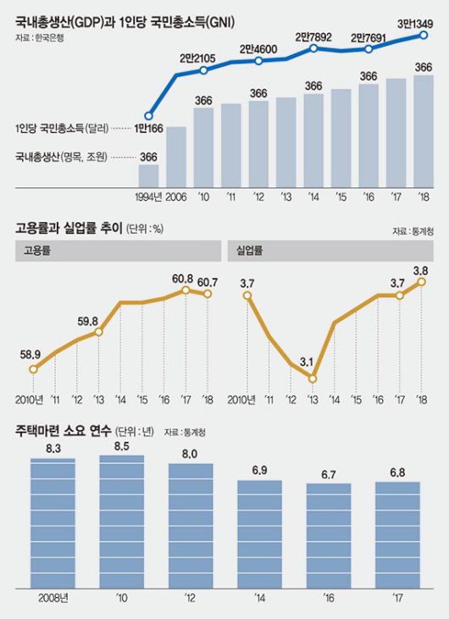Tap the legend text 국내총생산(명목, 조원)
coord(63,157)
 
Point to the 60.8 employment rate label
coord(184,277)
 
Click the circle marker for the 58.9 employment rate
coord(34,369)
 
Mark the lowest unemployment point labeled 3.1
coord(313,378)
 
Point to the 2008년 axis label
coord(52,598)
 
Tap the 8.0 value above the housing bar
coord(190,454)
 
